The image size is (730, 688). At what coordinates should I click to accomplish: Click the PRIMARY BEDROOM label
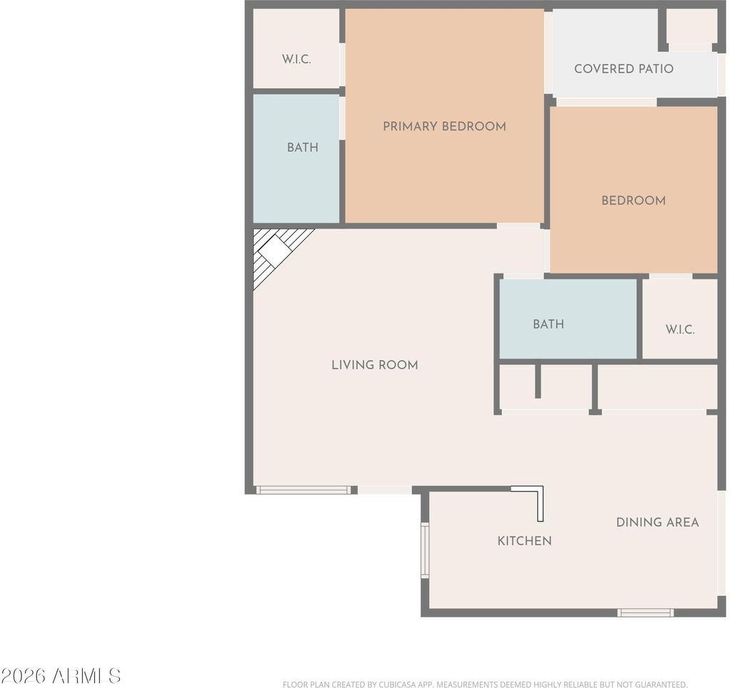tap(444, 127)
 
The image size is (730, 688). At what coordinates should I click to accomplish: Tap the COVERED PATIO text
tap(624, 69)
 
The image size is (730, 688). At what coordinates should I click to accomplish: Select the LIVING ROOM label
tap(375, 365)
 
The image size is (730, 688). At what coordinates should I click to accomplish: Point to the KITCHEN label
tap(525, 541)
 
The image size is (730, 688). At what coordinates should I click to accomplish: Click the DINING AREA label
tap(657, 522)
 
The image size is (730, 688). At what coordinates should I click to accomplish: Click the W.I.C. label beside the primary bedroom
tap(297, 60)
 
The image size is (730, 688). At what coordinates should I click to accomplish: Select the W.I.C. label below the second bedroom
tap(680, 330)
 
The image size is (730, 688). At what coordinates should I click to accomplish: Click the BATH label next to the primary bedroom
tap(302, 147)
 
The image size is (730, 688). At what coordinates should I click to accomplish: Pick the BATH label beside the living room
tap(548, 324)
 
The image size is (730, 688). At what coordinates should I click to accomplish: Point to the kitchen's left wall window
tap(425, 551)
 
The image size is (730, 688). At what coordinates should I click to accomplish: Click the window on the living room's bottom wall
tap(303, 490)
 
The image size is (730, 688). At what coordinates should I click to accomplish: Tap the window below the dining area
tap(645, 613)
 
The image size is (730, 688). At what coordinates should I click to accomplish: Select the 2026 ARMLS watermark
tap(61, 675)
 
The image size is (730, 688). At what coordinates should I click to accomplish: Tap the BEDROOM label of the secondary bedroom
tap(633, 201)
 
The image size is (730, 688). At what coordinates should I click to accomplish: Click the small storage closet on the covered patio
tap(691, 26)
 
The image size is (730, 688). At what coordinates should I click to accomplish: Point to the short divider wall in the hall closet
tap(538, 381)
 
